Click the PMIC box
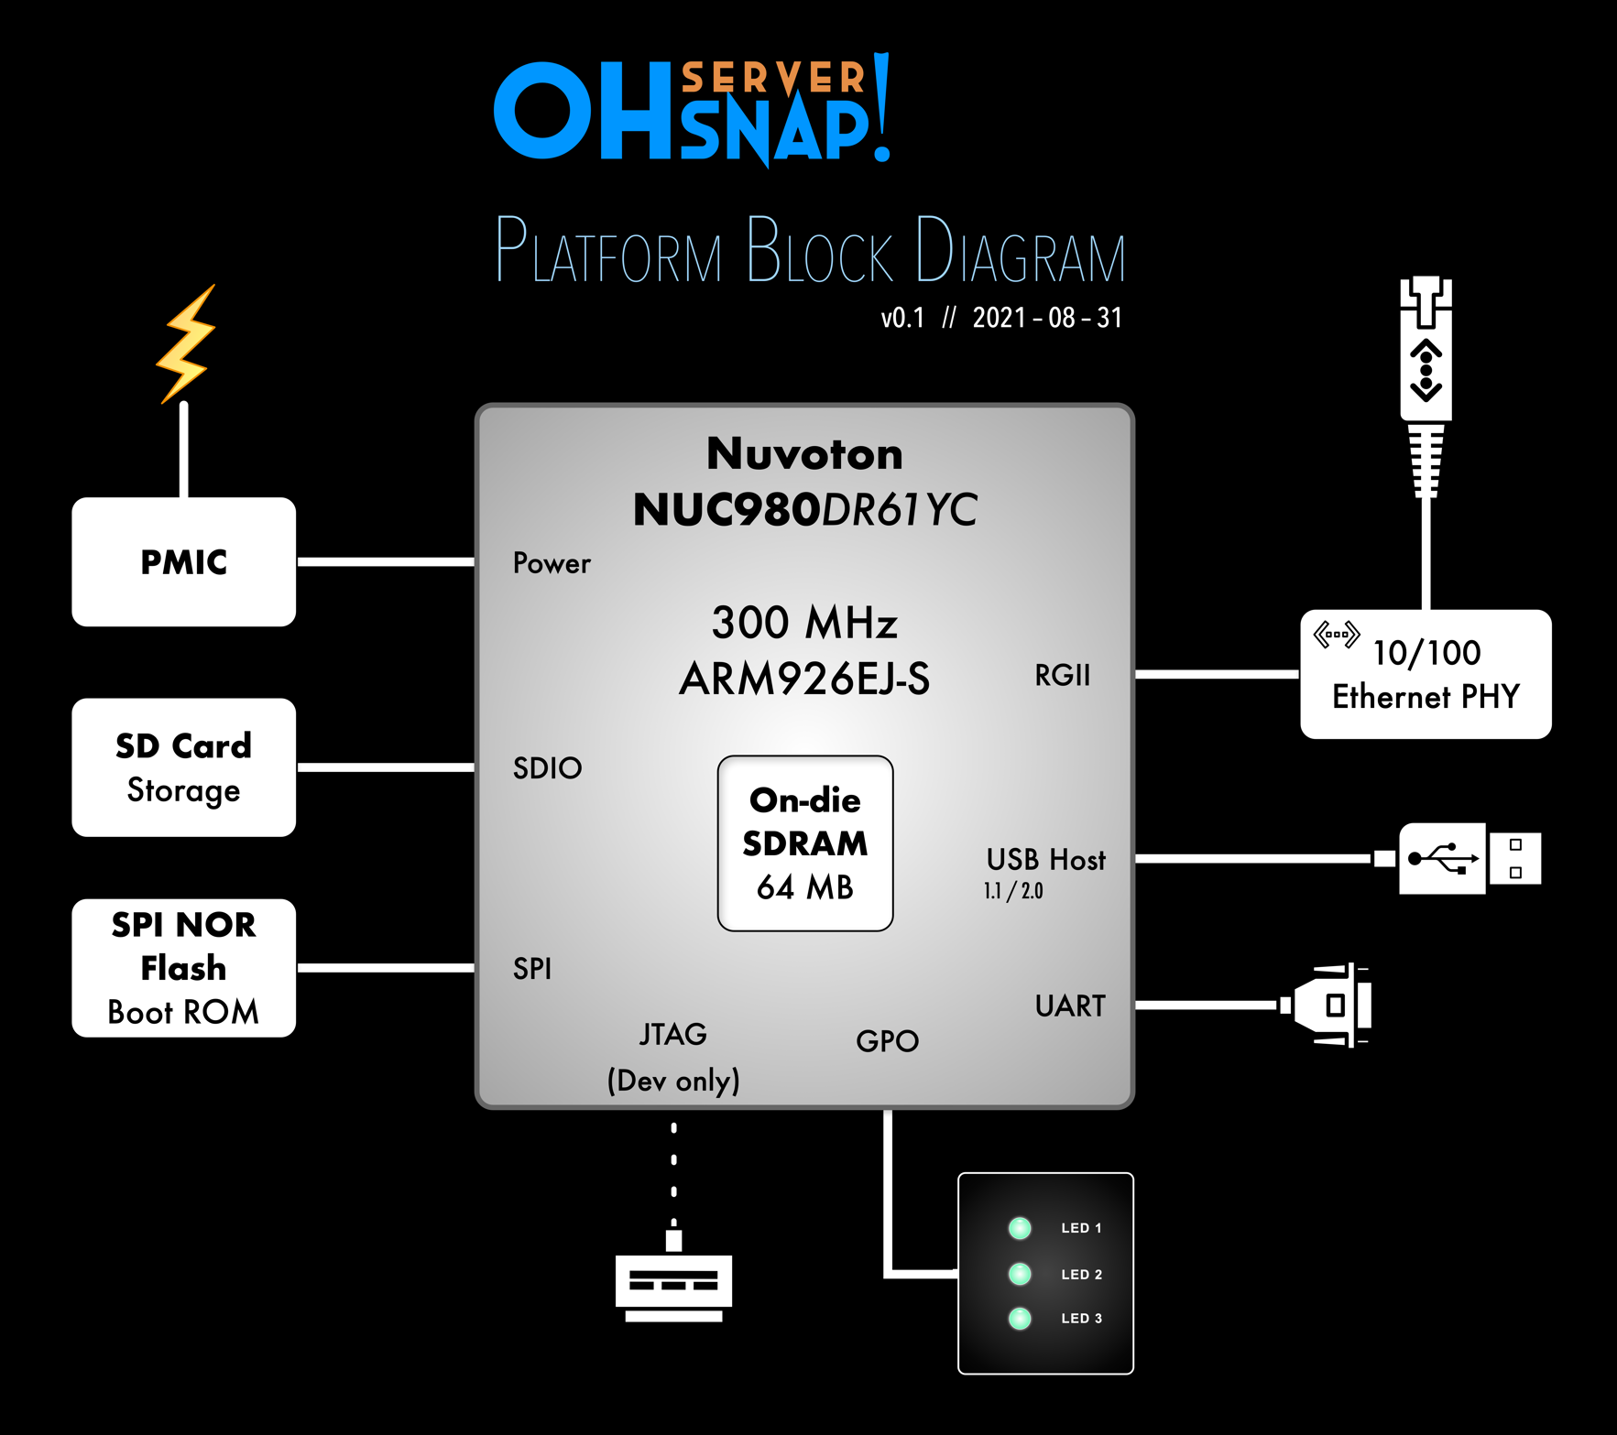(183, 561)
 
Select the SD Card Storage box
(183, 767)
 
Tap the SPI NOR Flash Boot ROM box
(183, 968)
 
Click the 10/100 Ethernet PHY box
(1426, 674)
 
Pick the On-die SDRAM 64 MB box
(804, 843)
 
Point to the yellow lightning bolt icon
(187, 343)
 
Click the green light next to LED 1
(1020, 1228)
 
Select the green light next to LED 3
(1020, 1319)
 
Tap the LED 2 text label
(1081, 1274)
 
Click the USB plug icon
(1469, 859)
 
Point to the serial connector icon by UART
(1328, 1006)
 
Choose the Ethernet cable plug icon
(1426, 385)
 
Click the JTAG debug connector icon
(673, 1282)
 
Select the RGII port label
(1062, 676)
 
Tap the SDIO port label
(547, 768)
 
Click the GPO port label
(887, 1041)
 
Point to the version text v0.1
(902, 318)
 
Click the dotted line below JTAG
(674, 1176)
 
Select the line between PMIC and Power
(386, 561)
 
